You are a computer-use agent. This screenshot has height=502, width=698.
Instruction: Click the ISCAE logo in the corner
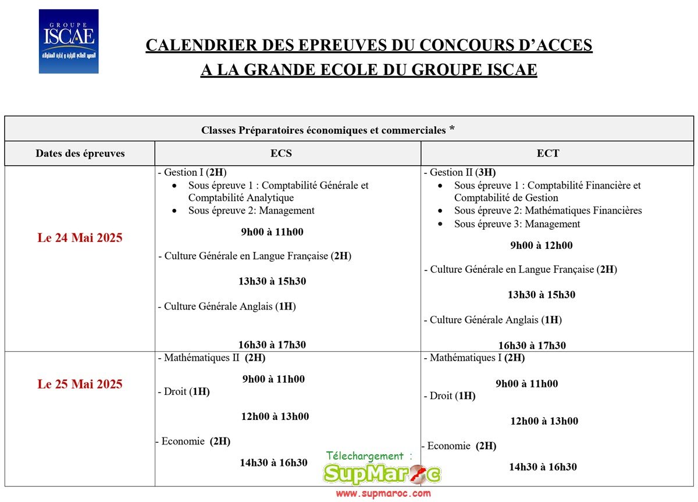[x=69, y=41]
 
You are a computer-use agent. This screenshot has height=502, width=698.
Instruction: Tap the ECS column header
[x=281, y=154]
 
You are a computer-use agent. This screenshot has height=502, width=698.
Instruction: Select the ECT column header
[x=548, y=154]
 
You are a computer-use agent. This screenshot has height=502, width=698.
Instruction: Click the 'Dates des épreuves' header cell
[x=80, y=154]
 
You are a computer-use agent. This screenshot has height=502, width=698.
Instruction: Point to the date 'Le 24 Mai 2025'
[x=80, y=238]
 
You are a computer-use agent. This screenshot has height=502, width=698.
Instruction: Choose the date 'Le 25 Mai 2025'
[x=80, y=384]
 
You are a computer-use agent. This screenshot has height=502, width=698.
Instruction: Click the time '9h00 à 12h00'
[x=541, y=245]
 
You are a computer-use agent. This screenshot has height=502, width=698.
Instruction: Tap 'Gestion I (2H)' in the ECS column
[x=193, y=173]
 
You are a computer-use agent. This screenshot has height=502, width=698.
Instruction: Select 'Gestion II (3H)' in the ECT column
[x=460, y=173]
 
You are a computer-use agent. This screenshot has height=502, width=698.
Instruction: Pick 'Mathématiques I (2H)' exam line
[x=475, y=358]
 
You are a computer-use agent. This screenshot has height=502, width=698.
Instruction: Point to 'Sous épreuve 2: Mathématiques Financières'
[x=547, y=211]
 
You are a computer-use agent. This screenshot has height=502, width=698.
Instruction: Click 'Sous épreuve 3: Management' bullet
[x=517, y=224]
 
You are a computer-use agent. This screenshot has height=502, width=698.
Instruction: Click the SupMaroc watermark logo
[x=382, y=475]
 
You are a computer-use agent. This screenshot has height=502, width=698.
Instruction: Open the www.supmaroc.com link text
[x=383, y=494]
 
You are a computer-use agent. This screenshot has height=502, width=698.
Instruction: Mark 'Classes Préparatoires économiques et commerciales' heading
[x=323, y=130]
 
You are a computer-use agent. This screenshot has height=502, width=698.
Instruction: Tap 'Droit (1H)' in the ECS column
[x=185, y=392]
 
